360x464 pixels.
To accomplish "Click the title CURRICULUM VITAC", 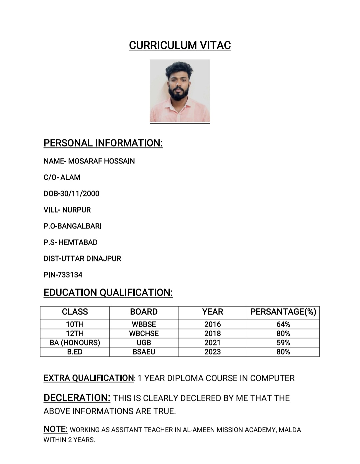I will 180,45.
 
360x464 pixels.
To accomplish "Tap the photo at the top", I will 180,91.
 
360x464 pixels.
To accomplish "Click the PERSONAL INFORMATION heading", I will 103,143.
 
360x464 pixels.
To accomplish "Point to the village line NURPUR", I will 76,210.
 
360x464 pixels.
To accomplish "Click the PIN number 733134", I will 70,275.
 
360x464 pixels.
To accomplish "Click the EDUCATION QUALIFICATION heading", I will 108,293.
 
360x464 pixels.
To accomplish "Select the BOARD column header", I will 144,312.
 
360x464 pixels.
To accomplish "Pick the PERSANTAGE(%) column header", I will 283,312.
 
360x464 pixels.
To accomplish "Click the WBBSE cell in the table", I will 144,324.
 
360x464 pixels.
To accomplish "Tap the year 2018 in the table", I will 212,334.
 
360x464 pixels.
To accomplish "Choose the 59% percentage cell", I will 283,343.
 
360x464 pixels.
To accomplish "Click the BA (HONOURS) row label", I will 75,343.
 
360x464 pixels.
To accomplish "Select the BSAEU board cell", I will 144,352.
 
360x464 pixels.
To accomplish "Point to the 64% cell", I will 283,324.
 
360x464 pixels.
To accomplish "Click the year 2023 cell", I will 212,352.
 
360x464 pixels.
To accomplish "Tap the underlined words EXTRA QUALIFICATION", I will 89,378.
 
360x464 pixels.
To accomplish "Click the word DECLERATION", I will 77,398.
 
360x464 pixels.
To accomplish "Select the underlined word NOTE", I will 55,429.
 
